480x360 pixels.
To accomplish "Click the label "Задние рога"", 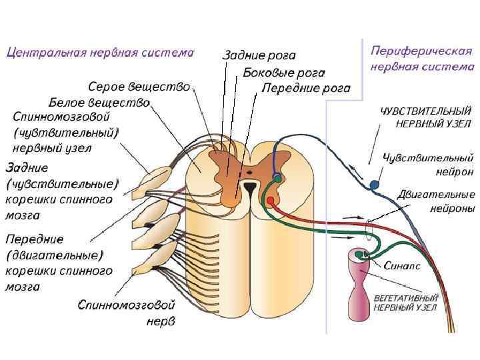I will click(259, 57).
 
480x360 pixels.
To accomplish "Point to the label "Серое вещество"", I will click(139, 87).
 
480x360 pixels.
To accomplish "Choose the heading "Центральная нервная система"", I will click(101, 51).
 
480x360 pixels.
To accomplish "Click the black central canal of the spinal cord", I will click(249, 189).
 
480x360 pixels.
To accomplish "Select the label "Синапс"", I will click(403, 265).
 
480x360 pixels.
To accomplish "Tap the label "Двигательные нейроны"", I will click(436, 202).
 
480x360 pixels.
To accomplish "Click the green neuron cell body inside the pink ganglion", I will click(360, 254).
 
